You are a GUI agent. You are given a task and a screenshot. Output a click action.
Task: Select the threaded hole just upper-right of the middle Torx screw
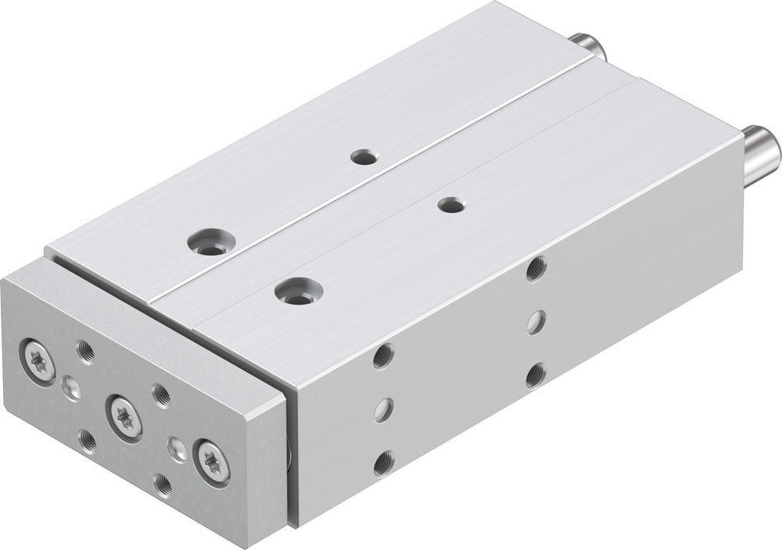point(160,395)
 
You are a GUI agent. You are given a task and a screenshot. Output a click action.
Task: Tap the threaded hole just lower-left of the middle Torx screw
point(87,441)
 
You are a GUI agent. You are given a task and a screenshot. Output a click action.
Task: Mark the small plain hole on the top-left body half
point(362,158)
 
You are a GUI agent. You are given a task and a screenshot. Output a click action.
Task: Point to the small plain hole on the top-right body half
point(450,205)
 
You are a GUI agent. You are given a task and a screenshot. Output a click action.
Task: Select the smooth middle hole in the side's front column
point(382,409)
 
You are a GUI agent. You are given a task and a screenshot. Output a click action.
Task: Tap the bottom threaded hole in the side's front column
point(382,463)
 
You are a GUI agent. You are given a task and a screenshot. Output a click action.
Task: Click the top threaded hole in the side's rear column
point(536,269)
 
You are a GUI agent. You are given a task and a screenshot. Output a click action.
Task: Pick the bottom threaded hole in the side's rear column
point(535,376)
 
